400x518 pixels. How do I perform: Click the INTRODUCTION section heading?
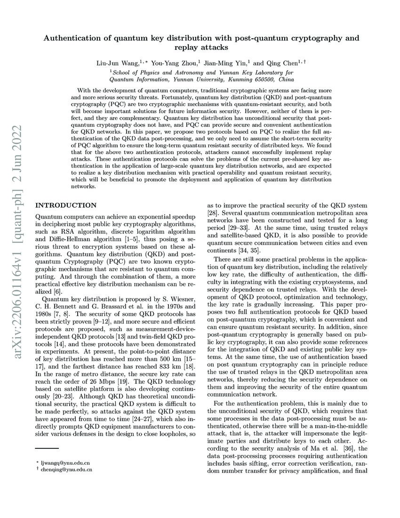pos(66,205)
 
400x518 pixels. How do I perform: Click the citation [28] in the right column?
pos(213,213)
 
